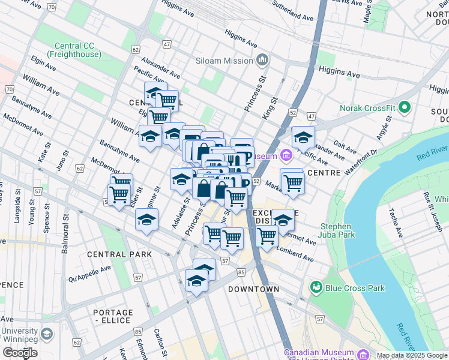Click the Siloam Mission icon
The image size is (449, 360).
(x=262, y=60)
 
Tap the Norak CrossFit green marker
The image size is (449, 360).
(x=405, y=108)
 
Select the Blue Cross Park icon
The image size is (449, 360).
(x=316, y=288)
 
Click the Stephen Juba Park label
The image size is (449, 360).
(x=336, y=231)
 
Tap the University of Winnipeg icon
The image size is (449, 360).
(x=47, y=334)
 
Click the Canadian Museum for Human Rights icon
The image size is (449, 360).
(x=362, y=354)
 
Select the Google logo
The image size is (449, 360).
(x=20, y=353)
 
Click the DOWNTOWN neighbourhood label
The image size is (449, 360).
(x=253, y=289)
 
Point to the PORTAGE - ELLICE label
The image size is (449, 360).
(x=113, y=316)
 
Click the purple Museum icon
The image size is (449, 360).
(x=285, y=156)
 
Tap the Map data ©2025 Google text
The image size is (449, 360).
(x=412, y=355)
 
